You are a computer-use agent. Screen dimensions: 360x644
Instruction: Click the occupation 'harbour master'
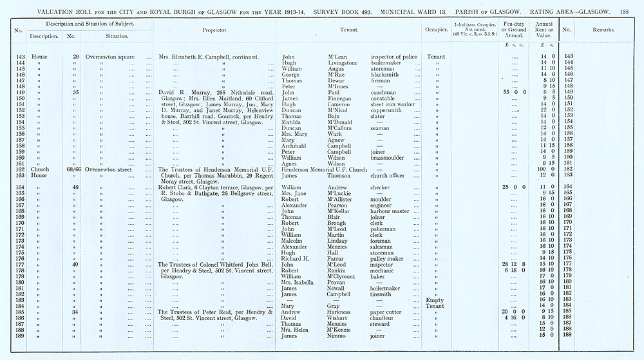(x=390, y=211)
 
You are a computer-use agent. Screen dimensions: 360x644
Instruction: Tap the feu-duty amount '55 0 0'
(x=513, y=93)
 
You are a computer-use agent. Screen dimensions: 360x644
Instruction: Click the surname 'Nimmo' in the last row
(x=339, y=336)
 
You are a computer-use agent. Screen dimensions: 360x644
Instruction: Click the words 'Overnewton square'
(x=109, y=57)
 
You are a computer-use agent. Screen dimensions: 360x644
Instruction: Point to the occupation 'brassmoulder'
(x=390, y=157)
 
